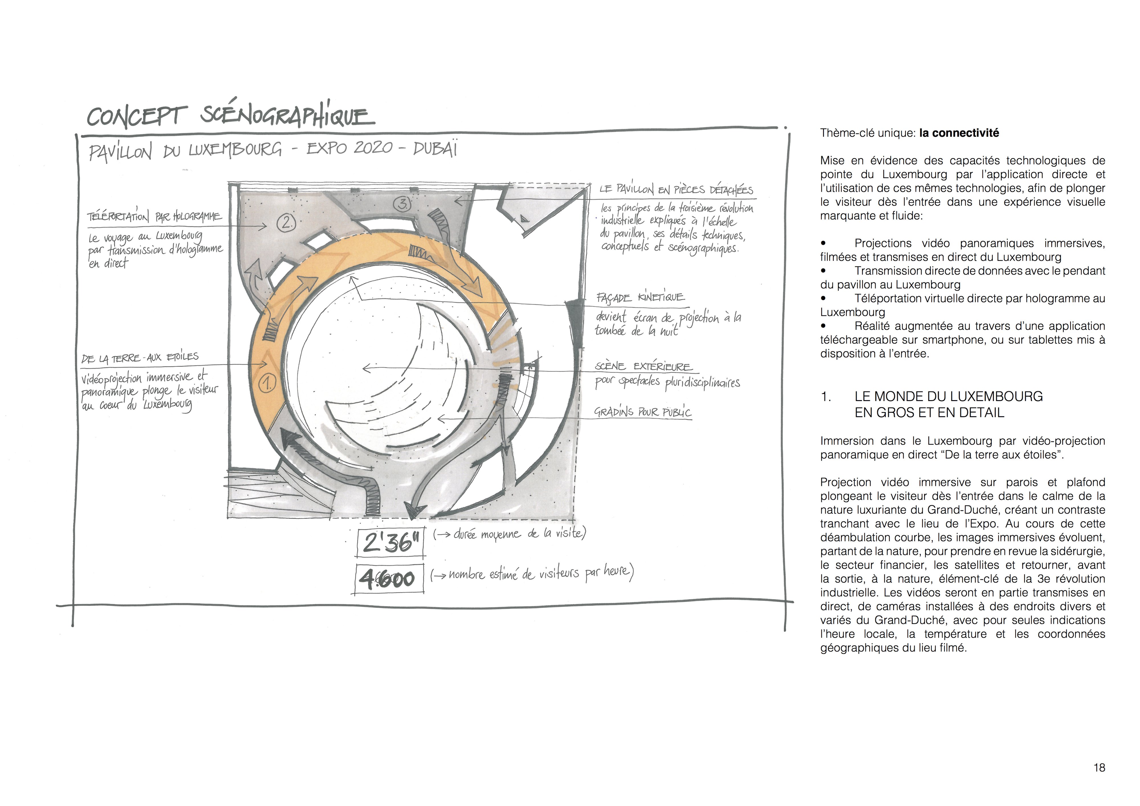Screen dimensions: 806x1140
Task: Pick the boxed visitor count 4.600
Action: coord(390,579)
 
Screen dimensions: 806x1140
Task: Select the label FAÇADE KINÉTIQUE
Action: coord(640,298)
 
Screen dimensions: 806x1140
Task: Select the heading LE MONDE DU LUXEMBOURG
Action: coord(948,396)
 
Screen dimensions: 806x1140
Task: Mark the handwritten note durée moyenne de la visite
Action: coord(509,534)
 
